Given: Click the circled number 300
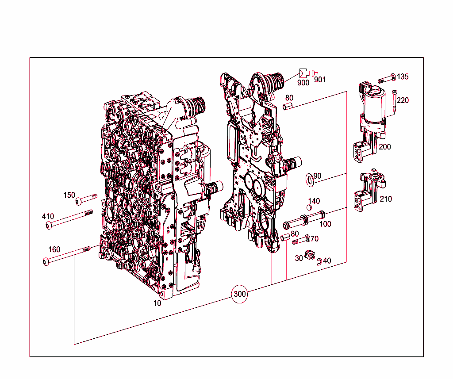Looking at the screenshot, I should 239,294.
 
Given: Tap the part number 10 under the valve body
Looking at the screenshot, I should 157,303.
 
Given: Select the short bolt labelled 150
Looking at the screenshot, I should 86,199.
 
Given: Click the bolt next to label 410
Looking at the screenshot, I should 69,219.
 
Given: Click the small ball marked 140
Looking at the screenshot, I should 310,208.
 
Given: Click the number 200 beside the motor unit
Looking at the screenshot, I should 384,147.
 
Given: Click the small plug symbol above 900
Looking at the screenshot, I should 303,73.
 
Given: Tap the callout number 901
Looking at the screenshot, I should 319,80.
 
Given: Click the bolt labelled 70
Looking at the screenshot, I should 300,241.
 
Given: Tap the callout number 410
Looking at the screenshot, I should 48,216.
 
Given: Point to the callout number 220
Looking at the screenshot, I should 403,100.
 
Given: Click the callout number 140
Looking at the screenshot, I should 314,201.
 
